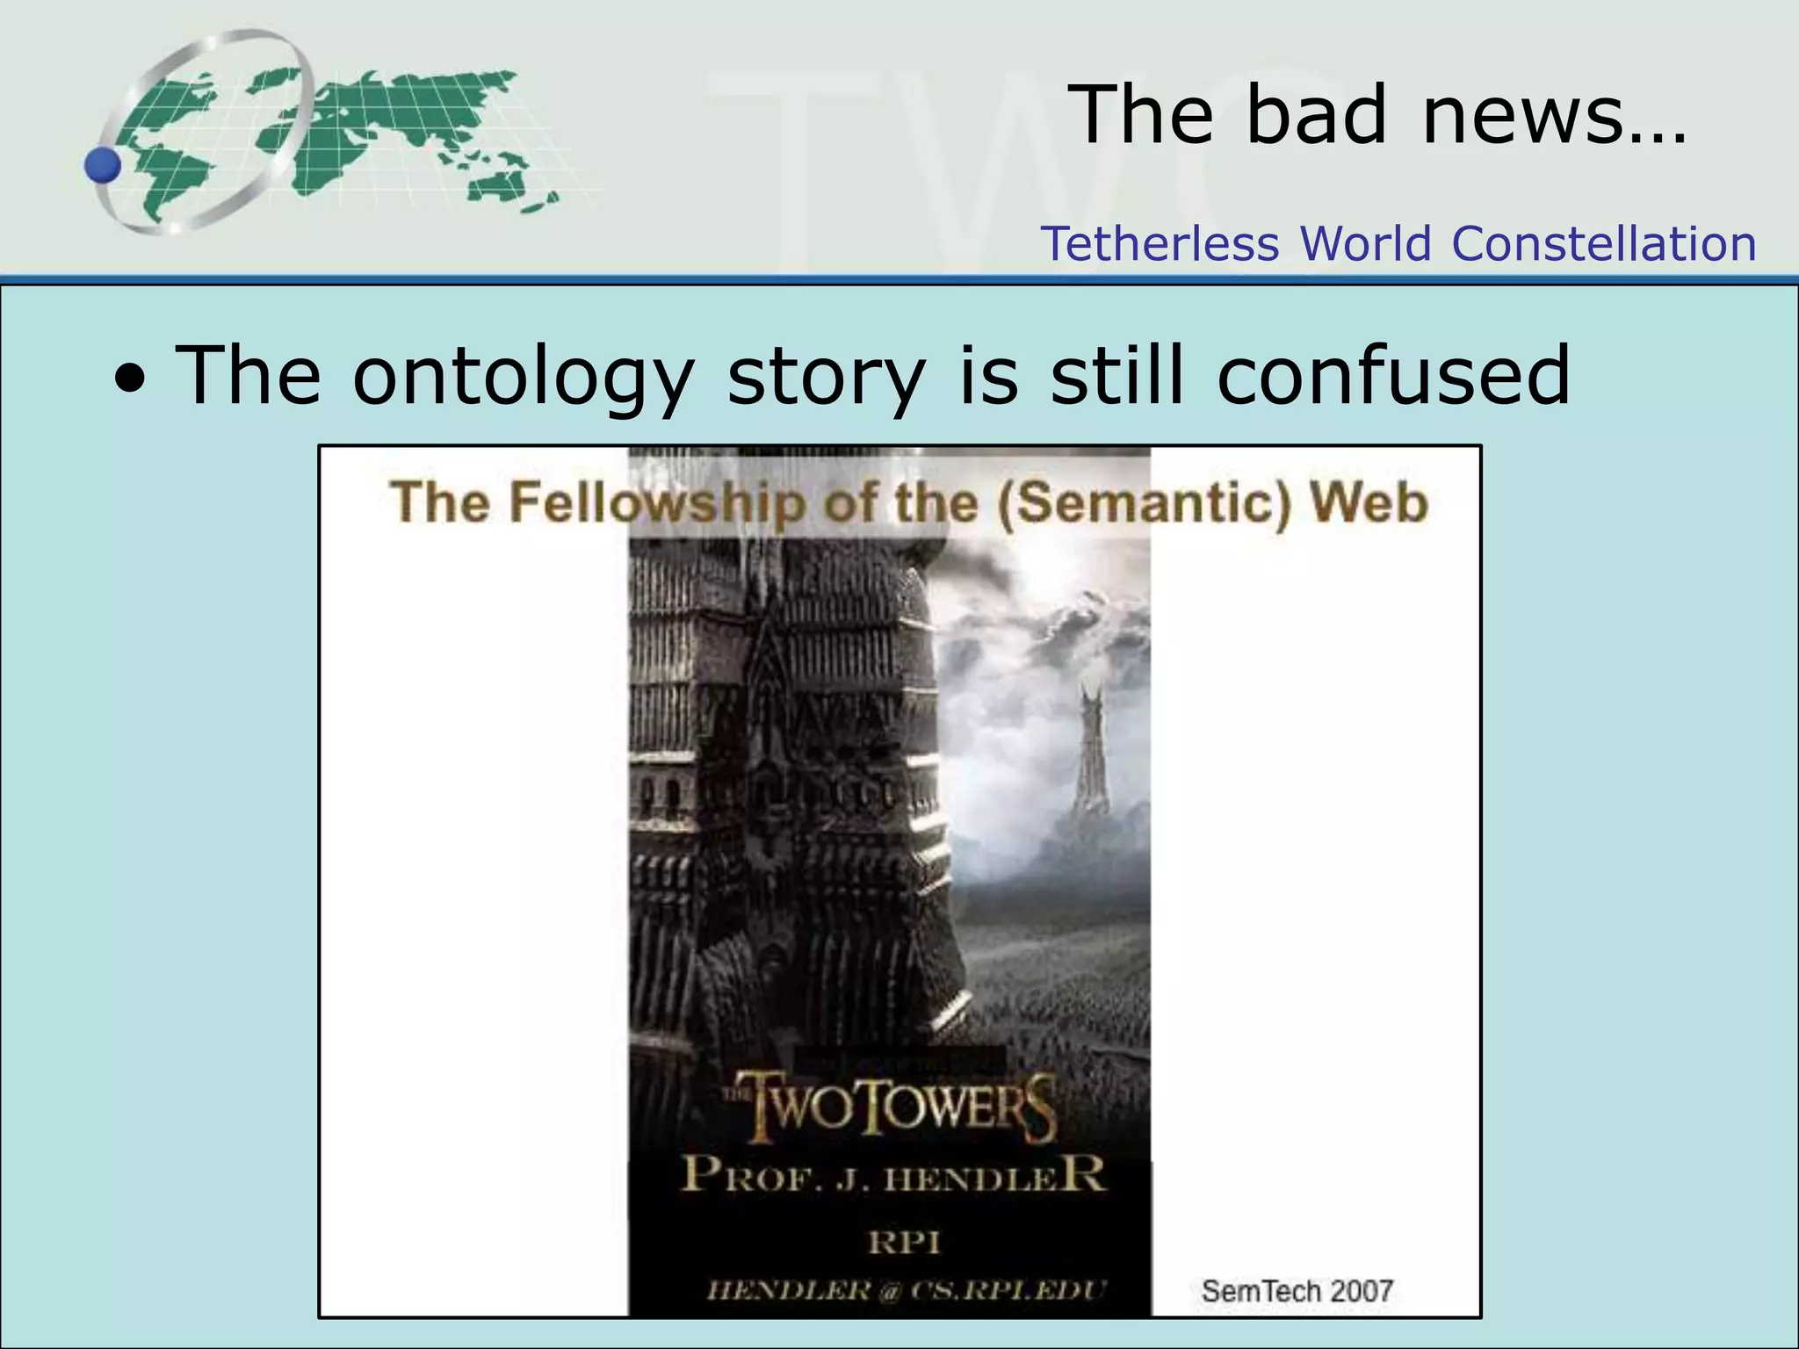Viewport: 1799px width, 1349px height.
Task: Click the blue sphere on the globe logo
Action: [x=104, y=165]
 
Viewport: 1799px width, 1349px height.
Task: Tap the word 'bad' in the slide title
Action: [x=1315, y=114]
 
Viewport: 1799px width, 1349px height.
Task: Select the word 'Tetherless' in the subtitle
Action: [x=1160, y=243]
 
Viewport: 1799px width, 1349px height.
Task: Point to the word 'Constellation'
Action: [x=1604, y=243]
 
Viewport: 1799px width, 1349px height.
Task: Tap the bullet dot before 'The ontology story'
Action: [x=131, y=379]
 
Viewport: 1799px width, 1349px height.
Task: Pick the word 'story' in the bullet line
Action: [x=827, y=376]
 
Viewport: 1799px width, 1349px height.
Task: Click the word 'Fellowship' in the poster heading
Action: [x=654, y=502]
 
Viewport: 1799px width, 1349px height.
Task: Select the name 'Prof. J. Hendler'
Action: [x=892, y=1175]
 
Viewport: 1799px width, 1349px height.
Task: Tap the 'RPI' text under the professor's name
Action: [x=903, y=1243]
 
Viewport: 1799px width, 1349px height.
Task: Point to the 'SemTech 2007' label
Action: [x=1297, y=1291]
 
